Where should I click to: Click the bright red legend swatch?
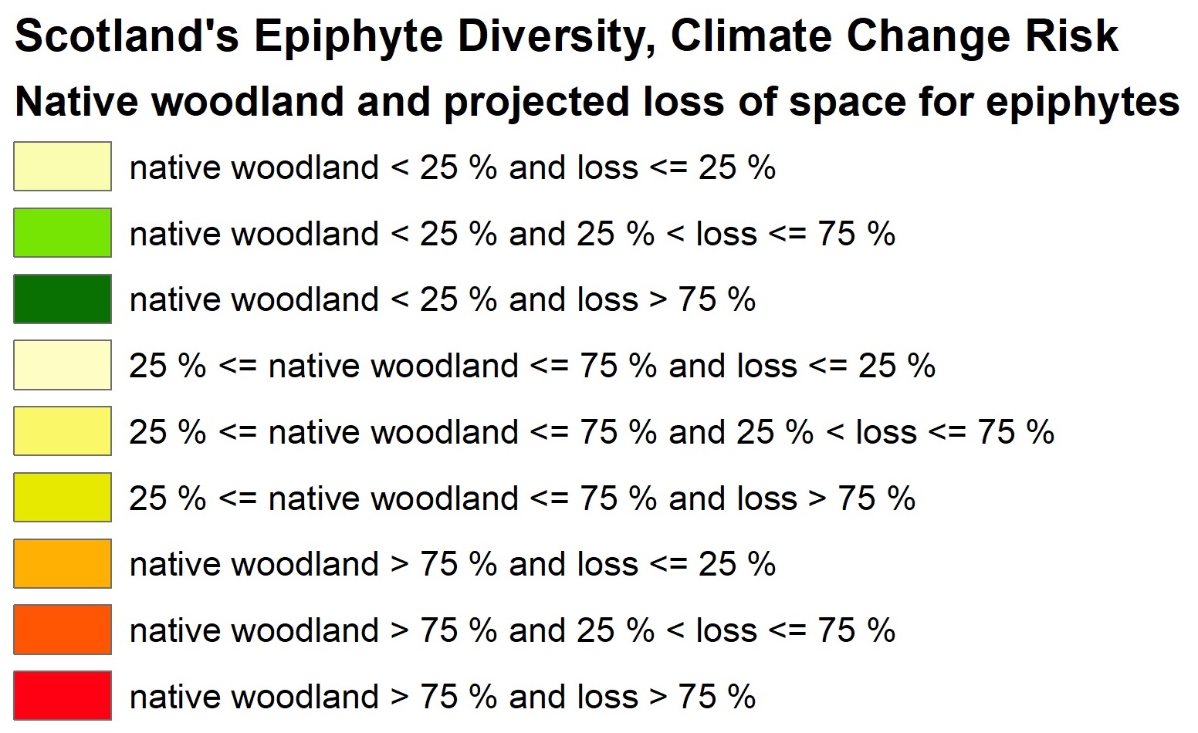tap(63, 695)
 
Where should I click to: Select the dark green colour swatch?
tap(63, 299)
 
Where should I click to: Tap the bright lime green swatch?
tap(63, 232)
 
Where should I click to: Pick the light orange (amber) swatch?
tap(63, 563)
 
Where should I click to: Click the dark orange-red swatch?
tap(63, 630)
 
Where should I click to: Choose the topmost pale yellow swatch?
tap(63, 166)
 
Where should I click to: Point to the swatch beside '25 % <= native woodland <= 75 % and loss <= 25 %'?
tap(63, 365)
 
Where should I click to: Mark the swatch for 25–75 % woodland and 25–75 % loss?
tap(63, 431)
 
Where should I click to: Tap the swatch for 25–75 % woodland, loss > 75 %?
tap(63, 497)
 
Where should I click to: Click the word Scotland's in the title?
tap(127, 35)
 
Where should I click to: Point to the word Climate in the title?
tap(751, 35)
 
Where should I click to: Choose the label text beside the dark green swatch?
tap(442, 299)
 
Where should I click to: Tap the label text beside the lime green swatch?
tap(513, 234)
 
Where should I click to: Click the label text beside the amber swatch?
tap(452, 565)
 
